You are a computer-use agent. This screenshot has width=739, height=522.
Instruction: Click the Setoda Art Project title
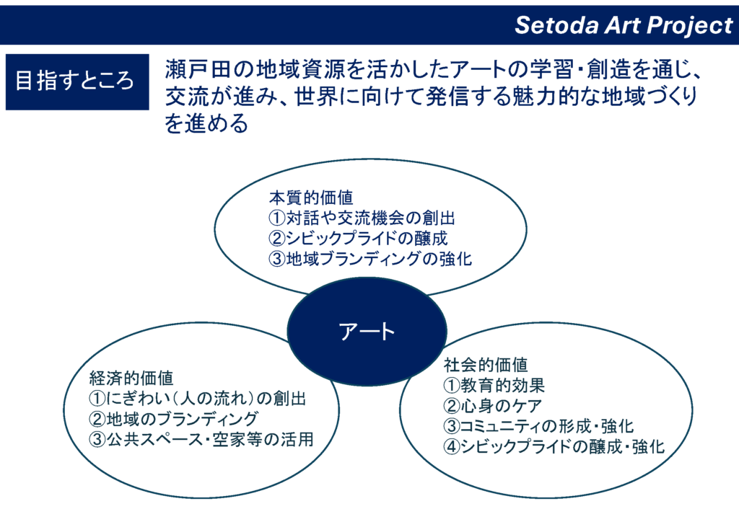624,25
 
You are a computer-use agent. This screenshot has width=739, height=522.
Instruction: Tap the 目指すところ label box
77,82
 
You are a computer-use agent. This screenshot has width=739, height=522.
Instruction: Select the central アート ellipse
367,332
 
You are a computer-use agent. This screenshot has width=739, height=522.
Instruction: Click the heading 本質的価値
311,198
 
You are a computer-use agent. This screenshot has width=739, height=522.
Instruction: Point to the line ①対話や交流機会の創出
362,218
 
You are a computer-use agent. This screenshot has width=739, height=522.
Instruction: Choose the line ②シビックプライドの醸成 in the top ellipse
358,238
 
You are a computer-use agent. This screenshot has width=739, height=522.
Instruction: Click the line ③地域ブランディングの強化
370,258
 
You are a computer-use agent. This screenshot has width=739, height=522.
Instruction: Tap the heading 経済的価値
131,378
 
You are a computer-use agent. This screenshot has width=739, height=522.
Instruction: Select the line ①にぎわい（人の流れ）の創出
198,398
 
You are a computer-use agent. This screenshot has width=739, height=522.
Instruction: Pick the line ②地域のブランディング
173,418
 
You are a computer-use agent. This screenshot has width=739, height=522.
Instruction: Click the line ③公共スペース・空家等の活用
201,439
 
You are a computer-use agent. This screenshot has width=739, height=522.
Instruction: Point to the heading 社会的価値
486,364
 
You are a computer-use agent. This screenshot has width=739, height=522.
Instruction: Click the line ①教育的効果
494,385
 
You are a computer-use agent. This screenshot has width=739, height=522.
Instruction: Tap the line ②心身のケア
492,405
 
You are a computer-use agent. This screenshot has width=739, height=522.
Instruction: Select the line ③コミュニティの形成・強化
538,426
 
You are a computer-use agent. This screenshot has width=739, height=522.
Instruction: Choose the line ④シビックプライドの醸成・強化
554,446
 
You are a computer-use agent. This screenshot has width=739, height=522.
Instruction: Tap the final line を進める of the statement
206,123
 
